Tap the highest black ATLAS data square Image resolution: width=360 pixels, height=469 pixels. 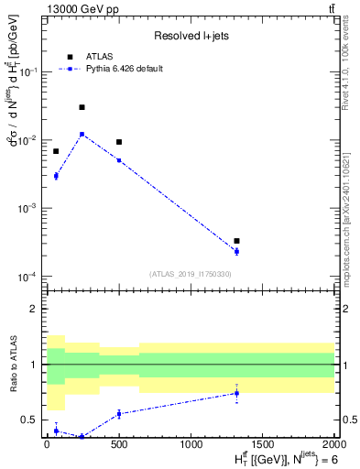point(82,107)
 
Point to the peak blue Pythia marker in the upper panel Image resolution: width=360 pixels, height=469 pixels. point(82,134)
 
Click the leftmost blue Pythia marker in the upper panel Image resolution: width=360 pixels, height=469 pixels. point(56,175)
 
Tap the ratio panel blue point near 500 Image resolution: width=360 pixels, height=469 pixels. point(119,414)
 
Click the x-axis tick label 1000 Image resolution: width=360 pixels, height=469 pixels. point(191,445)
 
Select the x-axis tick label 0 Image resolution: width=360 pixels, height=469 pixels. point(47,445)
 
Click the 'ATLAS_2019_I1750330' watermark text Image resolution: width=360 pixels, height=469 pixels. point(191,274)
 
